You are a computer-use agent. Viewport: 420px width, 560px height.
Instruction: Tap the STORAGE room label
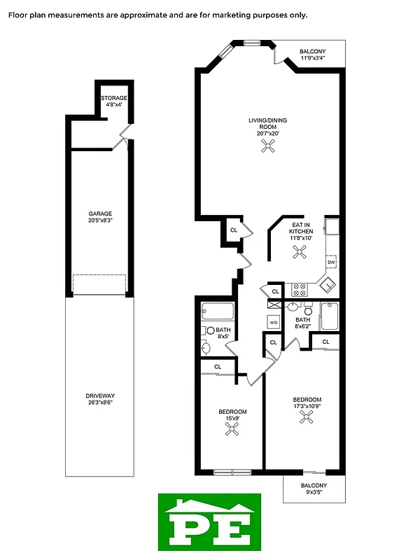[113, 98]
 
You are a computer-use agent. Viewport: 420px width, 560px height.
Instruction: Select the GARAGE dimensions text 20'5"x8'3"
[100, 220]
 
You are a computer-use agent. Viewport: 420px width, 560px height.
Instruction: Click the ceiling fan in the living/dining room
[267, 146]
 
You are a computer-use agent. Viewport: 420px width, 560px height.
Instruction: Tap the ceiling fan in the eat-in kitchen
[300, 254]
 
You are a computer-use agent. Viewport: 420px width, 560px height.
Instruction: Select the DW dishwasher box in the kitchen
[331, 262]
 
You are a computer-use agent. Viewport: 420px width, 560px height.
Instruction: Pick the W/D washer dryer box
[274, 322]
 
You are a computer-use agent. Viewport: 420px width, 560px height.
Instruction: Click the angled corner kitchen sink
[327, 284]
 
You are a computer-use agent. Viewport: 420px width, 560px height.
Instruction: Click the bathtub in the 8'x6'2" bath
[329, 316]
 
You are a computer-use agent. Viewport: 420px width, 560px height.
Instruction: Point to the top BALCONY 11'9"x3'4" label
[313, 55]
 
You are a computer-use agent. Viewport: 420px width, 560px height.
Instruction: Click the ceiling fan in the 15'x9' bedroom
[232, 430]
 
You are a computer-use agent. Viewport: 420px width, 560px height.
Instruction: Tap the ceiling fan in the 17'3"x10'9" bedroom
[307, 417]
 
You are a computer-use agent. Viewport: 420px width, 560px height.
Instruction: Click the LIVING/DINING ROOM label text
[267, 124]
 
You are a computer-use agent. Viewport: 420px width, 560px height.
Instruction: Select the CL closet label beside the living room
[233, 230]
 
